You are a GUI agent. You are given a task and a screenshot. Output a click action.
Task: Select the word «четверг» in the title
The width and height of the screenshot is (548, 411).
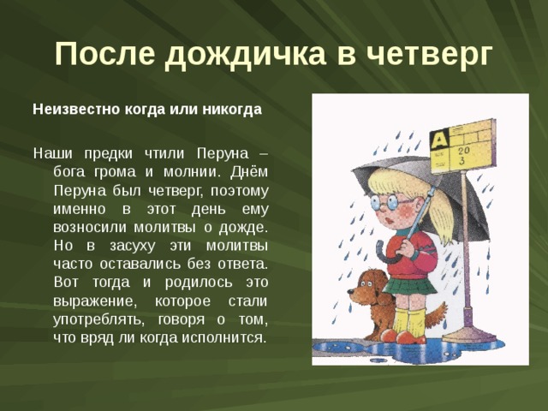coord(427,54)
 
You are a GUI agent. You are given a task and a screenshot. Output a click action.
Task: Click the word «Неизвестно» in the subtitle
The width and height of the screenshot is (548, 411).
coord(74,110)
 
